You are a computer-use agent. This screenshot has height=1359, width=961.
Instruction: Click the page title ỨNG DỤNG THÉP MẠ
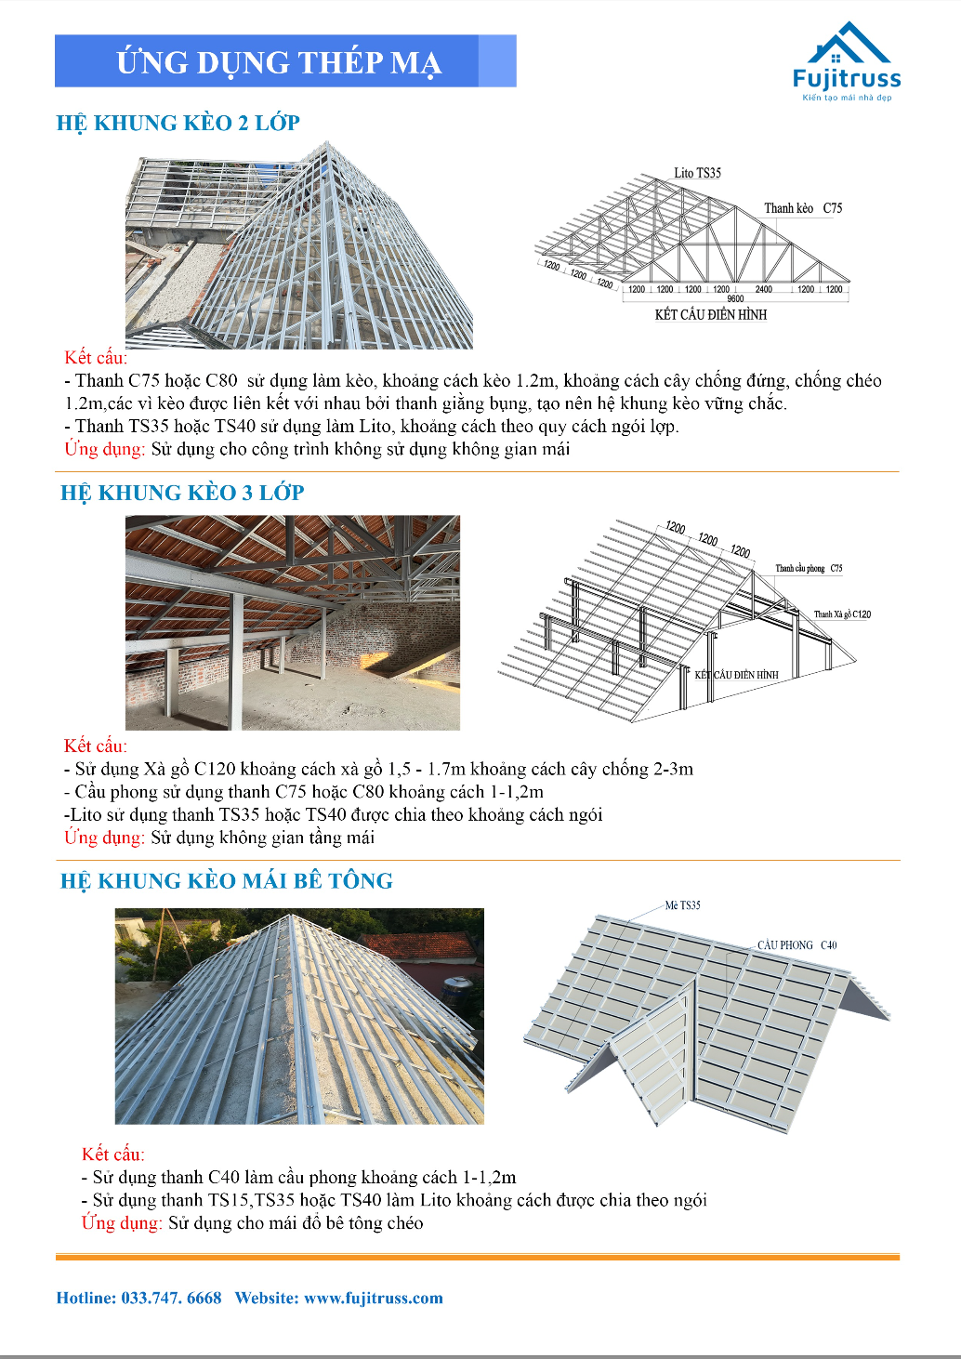pos(278,62)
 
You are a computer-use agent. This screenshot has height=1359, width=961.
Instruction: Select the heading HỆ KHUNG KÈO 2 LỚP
pos(178,123)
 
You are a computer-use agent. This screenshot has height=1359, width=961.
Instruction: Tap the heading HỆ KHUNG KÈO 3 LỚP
pos(182,493)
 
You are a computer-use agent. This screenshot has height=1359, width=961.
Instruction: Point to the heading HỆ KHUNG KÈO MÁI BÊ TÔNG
pos(227,881)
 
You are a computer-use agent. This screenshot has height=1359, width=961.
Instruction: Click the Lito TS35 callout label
pos(697,173)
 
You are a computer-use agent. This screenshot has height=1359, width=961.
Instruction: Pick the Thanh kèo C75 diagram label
pos(803,208)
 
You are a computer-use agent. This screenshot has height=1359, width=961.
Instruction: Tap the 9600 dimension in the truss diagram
pos(735,299)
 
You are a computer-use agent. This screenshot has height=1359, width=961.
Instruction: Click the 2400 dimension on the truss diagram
pos(763,289)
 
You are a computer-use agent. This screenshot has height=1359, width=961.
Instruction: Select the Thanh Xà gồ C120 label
pos(842,614)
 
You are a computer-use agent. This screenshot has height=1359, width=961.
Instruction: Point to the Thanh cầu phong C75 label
pos(809,568)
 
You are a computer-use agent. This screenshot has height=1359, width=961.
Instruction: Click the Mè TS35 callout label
pos(683,905)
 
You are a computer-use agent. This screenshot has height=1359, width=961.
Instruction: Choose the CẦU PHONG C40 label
pos(796,945)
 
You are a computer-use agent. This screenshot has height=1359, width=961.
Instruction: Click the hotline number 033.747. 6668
pos(172,1299)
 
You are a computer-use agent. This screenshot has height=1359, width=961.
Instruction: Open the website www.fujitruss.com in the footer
pos(374,1299)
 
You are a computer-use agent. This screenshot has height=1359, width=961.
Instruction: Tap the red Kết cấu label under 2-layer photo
pos(96,358)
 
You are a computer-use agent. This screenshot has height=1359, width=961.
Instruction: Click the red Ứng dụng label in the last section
pos(122,1222)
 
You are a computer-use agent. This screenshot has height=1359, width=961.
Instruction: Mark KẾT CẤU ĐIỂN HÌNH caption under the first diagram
pos(711,315)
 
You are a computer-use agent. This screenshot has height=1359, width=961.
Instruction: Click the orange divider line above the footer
pos(478,1257)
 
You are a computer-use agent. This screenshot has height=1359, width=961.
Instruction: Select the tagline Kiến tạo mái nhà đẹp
pos(847,98)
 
